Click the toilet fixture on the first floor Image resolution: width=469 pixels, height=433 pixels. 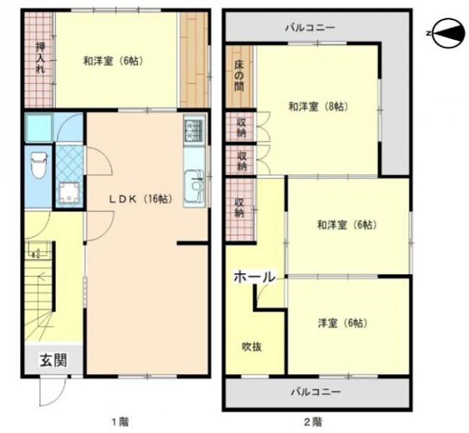tap(39, 165)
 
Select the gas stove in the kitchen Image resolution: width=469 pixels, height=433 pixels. tap(194, 131)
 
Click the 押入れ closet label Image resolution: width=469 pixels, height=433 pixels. tap(40, 58)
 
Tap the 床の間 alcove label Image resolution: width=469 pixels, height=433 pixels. tap(239, 76)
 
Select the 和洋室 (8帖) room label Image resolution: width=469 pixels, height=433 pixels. tap(318, 106)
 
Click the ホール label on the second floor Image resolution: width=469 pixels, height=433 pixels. tap(254, 277)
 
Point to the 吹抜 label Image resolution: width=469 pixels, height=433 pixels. tap(252, 347)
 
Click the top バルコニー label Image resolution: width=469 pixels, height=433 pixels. tap(310, 28)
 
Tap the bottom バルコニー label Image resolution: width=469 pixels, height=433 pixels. tap(316, 392)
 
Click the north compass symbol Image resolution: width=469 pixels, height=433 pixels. tap(449, 33)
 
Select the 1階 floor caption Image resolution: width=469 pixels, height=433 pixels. tap(120, 422)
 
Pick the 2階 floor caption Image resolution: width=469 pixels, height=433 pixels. tap(313, 422)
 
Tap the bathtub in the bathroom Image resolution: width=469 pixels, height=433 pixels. tap(39, 127)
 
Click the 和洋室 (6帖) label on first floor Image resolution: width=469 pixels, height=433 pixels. tap(113, 61)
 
